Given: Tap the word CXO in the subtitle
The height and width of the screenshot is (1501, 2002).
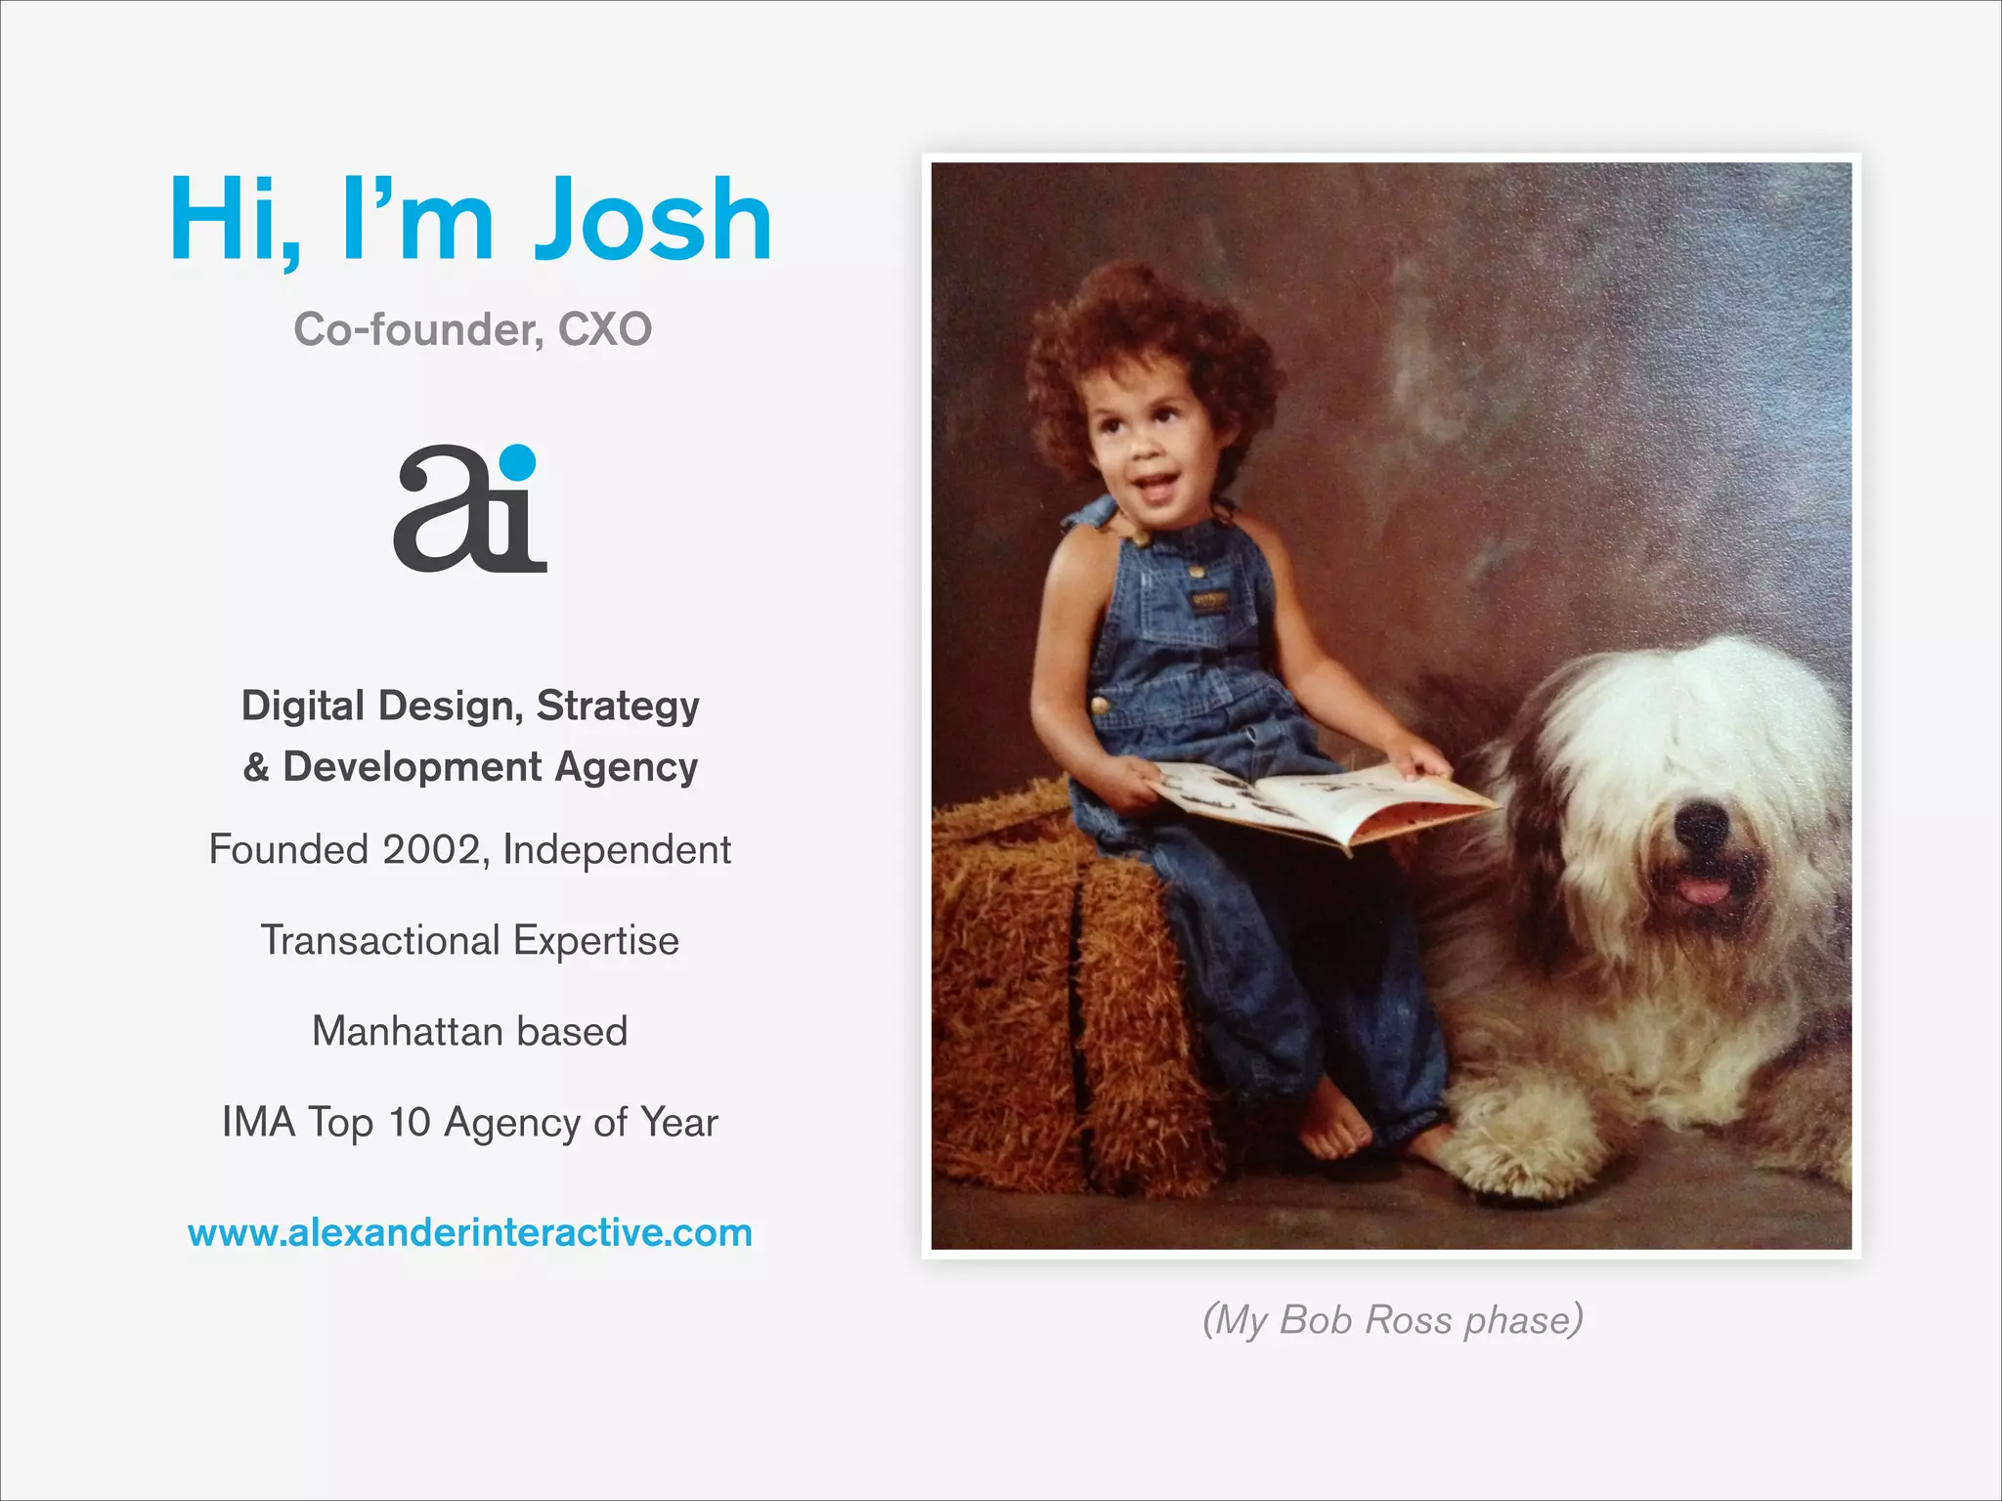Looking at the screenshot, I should point(604,329).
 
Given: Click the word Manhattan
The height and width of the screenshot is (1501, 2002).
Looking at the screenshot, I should point(407,1031).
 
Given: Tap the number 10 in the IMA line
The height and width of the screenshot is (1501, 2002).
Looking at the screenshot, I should point(409,1122).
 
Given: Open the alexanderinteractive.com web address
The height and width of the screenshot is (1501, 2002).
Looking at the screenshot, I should point(470,1232).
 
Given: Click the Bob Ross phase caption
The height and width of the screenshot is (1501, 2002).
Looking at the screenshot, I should point(1392,1319).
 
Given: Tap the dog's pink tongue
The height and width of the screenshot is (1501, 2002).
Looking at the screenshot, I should point(1703,889).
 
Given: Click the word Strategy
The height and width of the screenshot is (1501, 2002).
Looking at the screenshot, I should point(618,706).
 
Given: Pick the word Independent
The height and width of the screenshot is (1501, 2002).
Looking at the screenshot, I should point(616,849).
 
